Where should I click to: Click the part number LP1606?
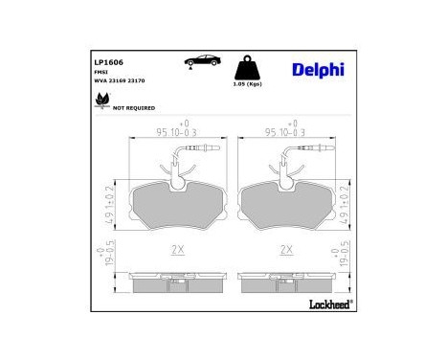[x=105, y=60]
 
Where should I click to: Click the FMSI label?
[x=101, y=71]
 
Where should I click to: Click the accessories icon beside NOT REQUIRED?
[x=101, y=104]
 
